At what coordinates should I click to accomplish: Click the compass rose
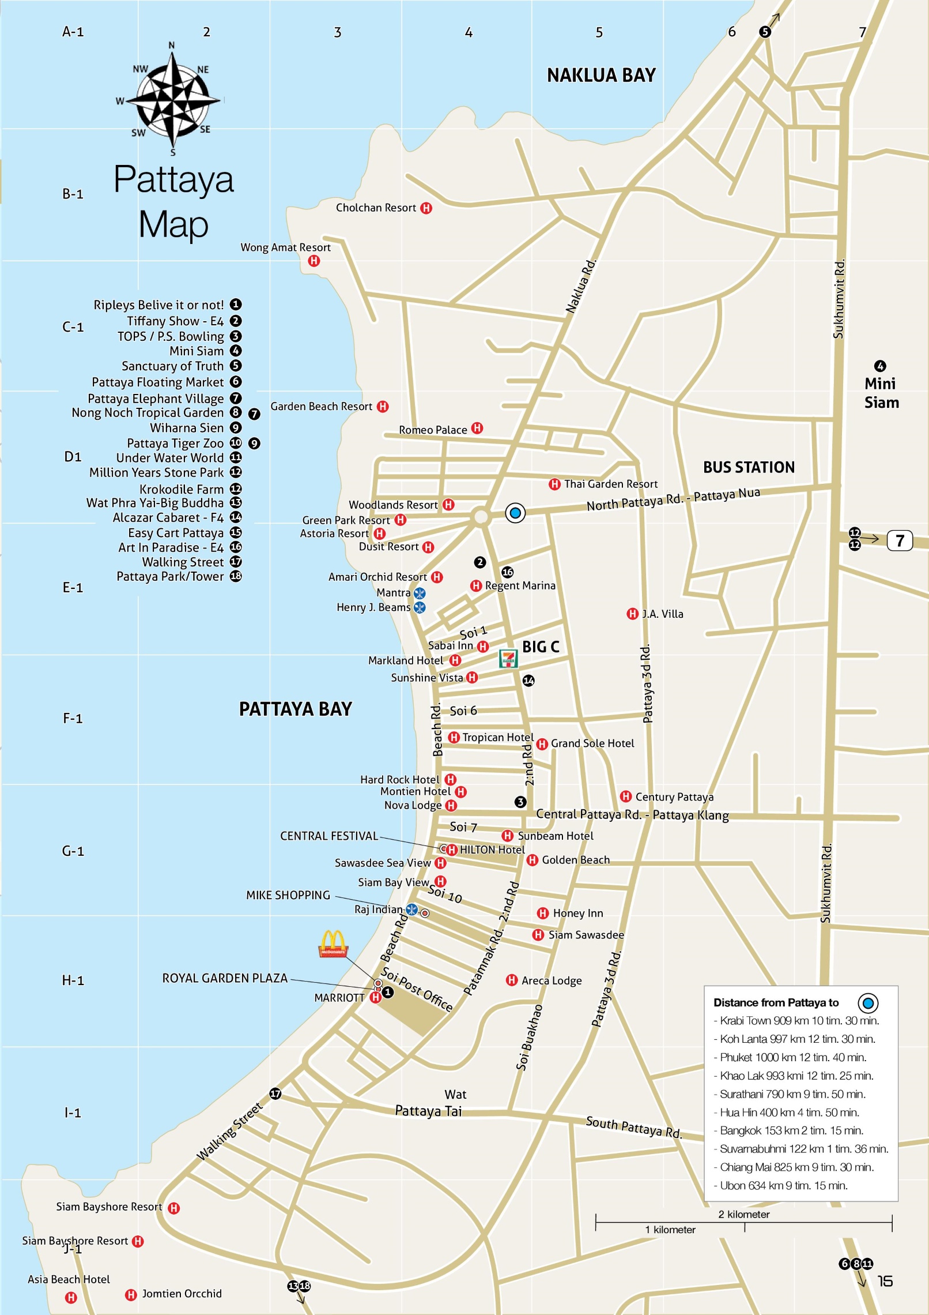click(172, 100)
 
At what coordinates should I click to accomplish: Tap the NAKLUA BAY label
click(601, 76)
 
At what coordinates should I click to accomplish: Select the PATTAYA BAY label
click(295, 709)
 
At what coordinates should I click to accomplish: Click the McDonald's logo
click(333, 944)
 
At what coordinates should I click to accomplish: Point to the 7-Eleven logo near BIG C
click(508, 659)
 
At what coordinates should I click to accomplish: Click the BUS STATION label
click(748, 467)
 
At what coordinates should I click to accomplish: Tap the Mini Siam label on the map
click(881, 393)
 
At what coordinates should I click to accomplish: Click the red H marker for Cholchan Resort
click(426, 208)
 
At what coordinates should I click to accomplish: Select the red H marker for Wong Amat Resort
click(314, 261)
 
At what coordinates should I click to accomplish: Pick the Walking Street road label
click(229, 1131)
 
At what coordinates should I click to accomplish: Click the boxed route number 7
click(900, 540)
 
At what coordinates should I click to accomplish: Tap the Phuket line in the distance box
click(793, 1057)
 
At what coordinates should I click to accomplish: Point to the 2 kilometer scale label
click(744, 1214)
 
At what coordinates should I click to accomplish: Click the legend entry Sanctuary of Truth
click(172, 366)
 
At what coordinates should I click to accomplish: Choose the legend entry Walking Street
click(183, 562)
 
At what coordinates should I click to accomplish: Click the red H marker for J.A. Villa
click(632, 614)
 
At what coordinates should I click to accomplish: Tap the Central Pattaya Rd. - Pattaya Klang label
click(632, 814)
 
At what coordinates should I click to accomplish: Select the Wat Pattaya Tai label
click(429, 1103)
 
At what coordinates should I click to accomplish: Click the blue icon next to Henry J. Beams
click(420, 607)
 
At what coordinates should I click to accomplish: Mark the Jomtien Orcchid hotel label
click(182, 1294)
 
